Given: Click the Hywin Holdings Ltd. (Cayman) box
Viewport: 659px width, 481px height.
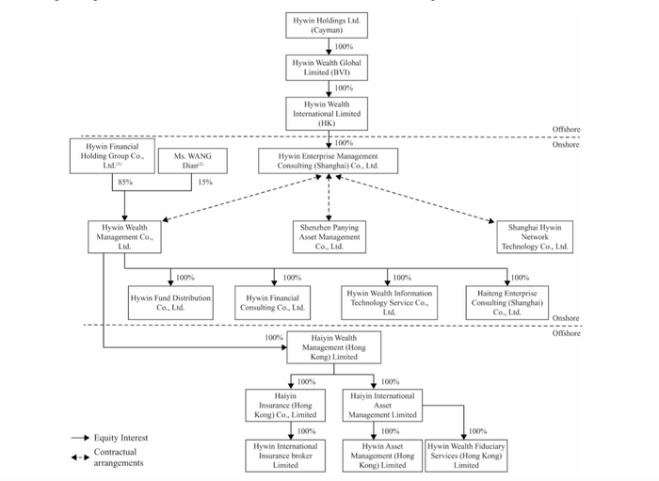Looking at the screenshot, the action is (327, 25).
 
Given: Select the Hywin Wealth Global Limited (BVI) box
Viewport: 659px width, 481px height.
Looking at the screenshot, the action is (327, 67).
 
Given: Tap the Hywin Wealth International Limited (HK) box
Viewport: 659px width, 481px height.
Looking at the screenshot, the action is (327, 113).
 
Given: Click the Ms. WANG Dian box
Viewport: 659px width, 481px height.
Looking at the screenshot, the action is (192, 160).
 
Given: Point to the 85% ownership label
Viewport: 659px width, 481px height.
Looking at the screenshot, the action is (125, 182).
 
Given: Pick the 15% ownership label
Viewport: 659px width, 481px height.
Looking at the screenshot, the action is (205, 182).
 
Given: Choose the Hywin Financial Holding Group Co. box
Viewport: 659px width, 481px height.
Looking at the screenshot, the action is (112, 156).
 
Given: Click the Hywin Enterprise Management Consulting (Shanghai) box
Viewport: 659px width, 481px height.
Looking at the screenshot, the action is (328, 160).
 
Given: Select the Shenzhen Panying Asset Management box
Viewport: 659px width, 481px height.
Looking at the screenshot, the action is (329, 237).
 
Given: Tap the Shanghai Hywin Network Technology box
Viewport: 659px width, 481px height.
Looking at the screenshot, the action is (535, 237).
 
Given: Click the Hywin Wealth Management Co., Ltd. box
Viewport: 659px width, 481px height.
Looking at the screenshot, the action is (124, 237).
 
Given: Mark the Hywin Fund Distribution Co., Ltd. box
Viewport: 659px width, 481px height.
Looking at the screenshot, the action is (170, 302).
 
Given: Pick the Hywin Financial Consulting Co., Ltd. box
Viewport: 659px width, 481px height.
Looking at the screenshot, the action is (272, 302).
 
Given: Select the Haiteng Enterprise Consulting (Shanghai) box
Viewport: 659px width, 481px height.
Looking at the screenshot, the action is (506, 302).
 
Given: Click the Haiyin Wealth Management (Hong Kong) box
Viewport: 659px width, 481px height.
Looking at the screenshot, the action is (333, 347).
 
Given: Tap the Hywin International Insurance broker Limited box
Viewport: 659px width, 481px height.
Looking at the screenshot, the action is (285, 456).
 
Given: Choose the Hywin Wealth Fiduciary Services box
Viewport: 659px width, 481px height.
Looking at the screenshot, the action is (466, 456).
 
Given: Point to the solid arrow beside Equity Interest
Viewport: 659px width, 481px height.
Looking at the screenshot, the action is (80, 438).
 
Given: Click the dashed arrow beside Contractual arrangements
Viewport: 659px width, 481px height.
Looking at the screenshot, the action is (80, 457).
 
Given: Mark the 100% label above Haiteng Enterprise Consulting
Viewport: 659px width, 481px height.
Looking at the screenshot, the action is (520, 278).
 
